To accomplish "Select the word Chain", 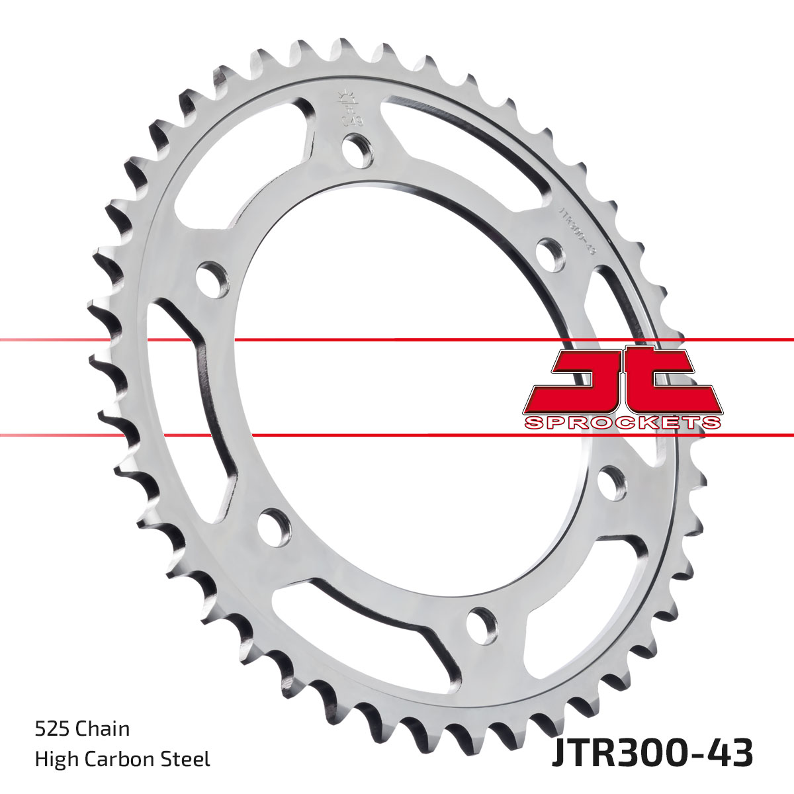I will [x=102, y=729].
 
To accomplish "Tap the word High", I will [x=54, y=759].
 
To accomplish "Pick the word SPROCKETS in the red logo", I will [x=622, y=423].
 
